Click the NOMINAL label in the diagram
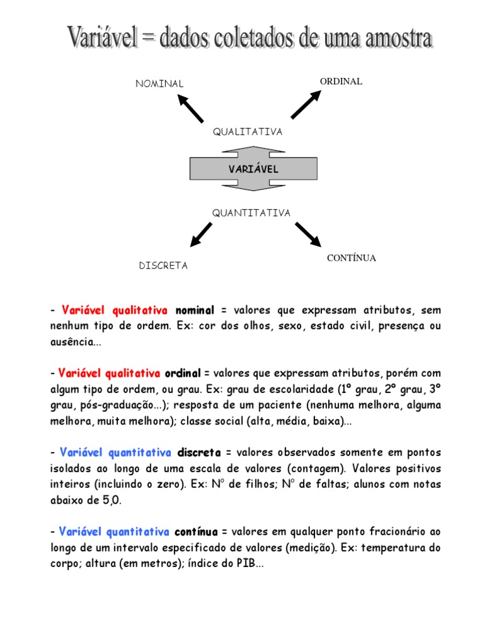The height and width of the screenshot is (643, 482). pyautogui.click(x=160, y=84)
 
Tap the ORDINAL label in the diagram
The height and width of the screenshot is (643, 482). pyautogui.click(x=341, y=82)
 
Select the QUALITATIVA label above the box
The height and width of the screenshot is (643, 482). pyautogui.click(x=247, y=132)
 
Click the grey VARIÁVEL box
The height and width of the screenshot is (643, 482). pyautogui.click(x=253, y=169)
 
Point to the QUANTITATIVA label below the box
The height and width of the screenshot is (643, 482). pyautogui.click(x=251, y=213)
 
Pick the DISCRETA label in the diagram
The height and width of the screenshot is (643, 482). pyautogui.click(x=163, y=266)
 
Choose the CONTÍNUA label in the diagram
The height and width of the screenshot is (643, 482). pyautogui.click(x=351, y=258)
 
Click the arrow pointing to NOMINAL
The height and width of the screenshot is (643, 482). pyautogui.click(x=190, y=107)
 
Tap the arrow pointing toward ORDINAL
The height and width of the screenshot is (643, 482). pyautogui.click(x=306, y=104)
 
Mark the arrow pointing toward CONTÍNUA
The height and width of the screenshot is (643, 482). pyautogui.click(x=308, y=234)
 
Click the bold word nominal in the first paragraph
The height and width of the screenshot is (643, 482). pyautogui.click(x=195, y=311)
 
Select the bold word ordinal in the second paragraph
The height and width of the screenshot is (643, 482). pyautogui.click(x=183, y=374)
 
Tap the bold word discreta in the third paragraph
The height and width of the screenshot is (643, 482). pyautogui.click(x=199, y=453)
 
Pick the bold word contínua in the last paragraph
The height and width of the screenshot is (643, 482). pyautogui.click(x=196, y=532)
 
